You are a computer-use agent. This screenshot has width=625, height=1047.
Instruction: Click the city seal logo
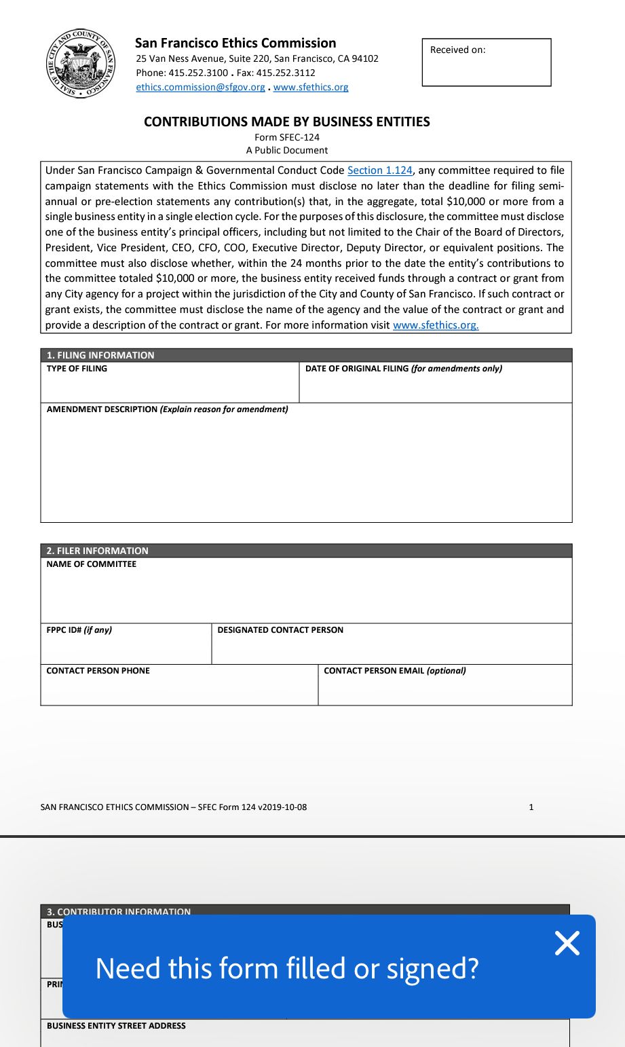(81, 64)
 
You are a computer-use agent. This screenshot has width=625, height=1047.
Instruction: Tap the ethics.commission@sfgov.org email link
(200, 87)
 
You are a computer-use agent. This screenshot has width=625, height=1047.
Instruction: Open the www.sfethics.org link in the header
(311, 87)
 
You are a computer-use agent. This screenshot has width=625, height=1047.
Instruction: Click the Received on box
(487, 62)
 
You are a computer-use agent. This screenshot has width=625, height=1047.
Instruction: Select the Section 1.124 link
(379, 170)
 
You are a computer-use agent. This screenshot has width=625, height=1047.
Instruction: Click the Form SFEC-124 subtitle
(287, 137)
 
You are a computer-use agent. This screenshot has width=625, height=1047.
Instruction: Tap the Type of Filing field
(170, 387)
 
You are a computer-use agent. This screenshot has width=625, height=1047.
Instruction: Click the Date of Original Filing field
(435, 387)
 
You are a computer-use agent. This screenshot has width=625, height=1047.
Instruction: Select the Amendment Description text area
(306, 469)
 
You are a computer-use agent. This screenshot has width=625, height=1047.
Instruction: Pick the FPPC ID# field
(126, 648)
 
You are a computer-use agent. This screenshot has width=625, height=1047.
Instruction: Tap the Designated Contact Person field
(392, 648)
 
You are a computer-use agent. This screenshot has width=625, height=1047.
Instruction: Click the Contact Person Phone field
(179, 689)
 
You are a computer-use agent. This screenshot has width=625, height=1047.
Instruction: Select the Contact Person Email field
(444, 689)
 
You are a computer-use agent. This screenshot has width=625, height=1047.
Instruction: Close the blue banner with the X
(567, 943)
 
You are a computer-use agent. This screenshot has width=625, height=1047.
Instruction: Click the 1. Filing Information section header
(100, 355)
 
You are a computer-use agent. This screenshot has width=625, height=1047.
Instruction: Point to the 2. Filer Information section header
(97, 551)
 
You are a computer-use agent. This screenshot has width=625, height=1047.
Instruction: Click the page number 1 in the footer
(531, 807)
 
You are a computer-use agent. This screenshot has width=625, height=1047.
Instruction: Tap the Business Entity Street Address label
(116, 1026)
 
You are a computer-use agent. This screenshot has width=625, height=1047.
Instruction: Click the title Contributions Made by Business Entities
(287, 122)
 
